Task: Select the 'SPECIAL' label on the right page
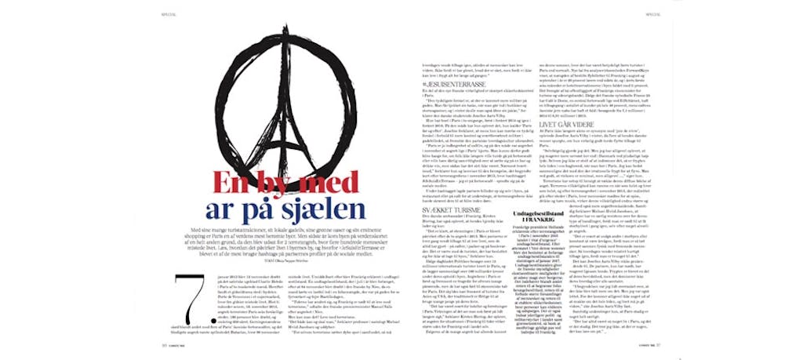pyautogui.click(x=653, y=13)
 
